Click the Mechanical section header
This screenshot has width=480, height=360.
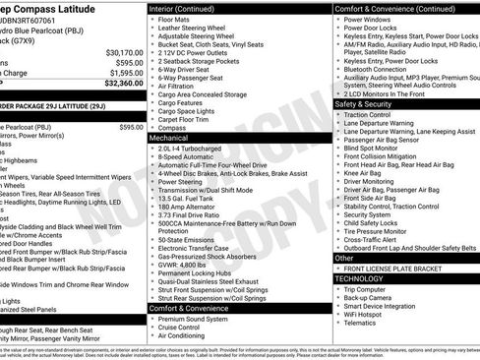pos(169,139)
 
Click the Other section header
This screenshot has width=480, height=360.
pos(344,258)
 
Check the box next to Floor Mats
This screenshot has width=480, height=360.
pos(153,19)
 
